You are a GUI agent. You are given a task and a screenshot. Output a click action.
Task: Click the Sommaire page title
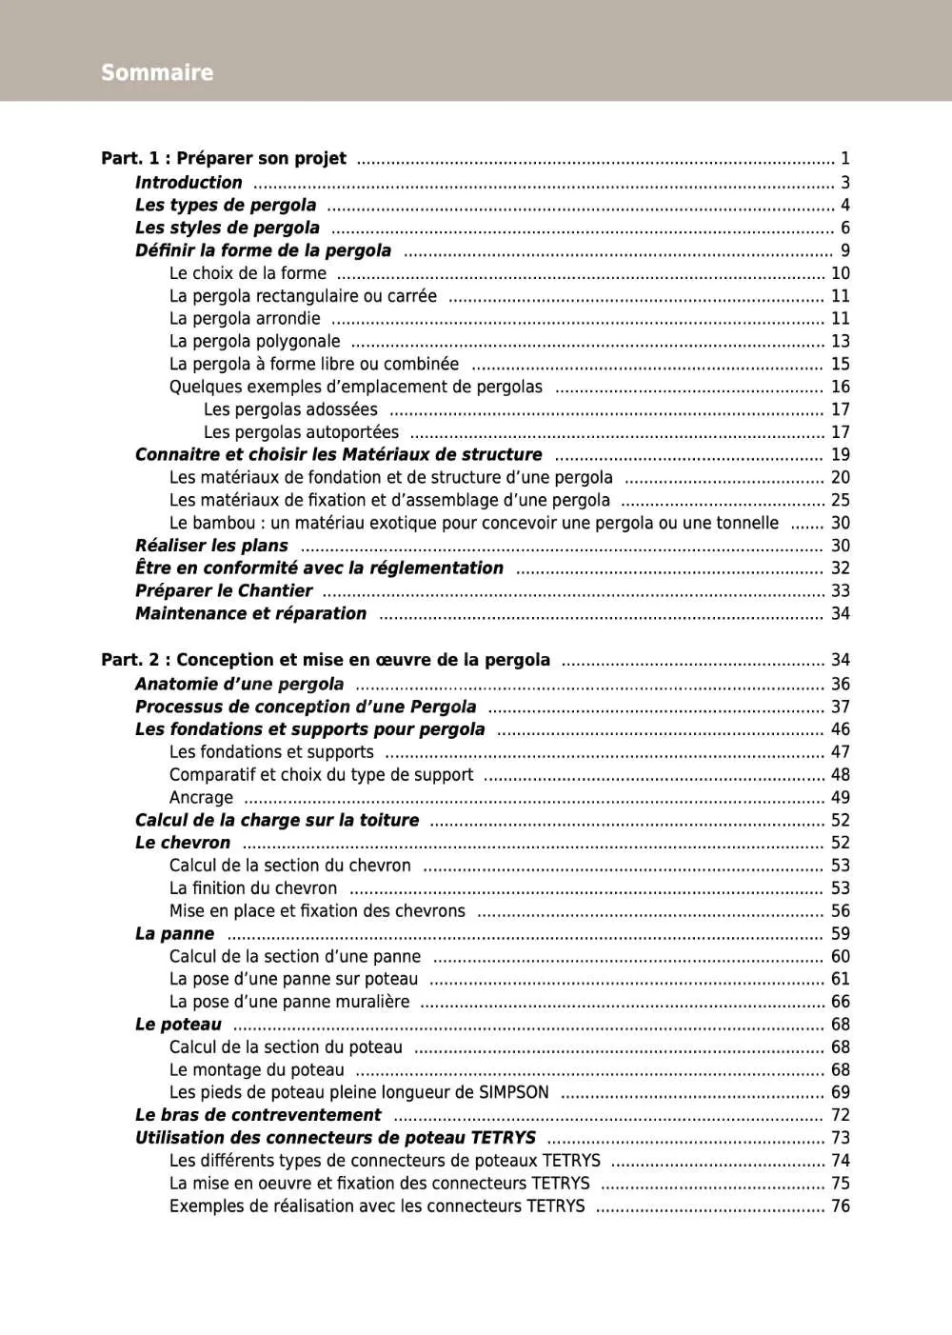[x=157, y=72]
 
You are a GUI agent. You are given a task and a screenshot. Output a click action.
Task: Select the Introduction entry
[x=188, y=182]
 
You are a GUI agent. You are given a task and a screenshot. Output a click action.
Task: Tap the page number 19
[x=840, y=455]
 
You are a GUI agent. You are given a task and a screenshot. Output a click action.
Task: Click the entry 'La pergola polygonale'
[x=254, y=341]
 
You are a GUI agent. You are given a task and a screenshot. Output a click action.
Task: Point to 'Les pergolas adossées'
[x=290, y=409]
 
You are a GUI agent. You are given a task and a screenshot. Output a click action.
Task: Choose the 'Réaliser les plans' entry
[x=211, y=546]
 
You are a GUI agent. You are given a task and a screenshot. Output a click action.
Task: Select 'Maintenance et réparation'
[x=250, y=613]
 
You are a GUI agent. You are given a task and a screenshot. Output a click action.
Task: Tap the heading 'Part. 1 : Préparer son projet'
[x=224, y=158]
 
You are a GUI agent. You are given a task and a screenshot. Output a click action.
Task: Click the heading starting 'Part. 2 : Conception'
[x=326, y=660]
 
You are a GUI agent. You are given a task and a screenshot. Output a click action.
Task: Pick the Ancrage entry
[x=201, y=798]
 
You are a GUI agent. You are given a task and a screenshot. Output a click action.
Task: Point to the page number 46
[x=840, y=729]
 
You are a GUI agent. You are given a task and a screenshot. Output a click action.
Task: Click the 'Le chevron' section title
[x=183, y=843]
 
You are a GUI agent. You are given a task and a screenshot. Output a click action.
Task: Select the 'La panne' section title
[x=174, y=934]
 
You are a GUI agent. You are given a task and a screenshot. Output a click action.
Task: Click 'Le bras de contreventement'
[x=258, y=1115]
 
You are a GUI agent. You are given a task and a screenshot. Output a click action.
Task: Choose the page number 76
[x=840, y=1206]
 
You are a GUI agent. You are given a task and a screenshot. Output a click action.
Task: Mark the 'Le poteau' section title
[x=178, y=1025]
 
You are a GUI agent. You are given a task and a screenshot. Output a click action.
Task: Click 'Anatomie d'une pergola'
[x=239, y=684]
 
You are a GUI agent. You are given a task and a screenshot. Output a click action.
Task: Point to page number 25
[x=840, y=500]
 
